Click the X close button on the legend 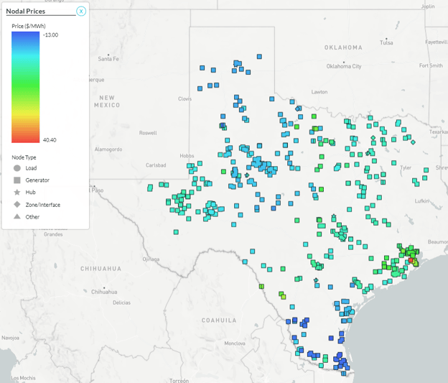[81, 11]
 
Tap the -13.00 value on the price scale [50, 34]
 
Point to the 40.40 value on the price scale [50, 139]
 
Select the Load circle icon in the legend [17, 168]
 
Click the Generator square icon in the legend [17, 180]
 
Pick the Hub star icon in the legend [17, 193]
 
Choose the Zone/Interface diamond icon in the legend [17, 205]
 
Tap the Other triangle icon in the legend [17, 217]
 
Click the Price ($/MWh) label [29, 25]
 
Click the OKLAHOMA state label [342, 47]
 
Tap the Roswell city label [147, 133]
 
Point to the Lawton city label [319, 92]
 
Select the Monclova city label [235, 343]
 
